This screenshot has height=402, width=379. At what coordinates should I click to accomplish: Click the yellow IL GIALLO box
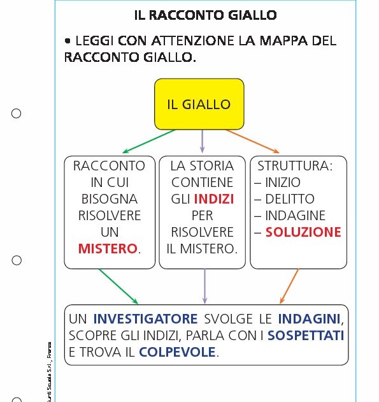[x=199, y=104]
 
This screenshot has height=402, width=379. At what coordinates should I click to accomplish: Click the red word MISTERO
[x=108, y=249]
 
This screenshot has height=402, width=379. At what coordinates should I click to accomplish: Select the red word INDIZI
[x=214, y=199]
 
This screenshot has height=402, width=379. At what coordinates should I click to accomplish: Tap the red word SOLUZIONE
[x=303, y=232]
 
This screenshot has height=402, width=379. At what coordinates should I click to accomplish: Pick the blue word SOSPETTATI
[x=306, y=335]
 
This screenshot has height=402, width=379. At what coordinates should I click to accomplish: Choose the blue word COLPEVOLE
[x=178, y=352]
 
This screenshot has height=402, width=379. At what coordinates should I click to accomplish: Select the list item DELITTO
[x=290, y=199]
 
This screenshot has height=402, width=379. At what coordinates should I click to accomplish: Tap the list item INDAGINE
[x=295, y=216]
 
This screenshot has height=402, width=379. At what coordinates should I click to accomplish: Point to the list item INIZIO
[x=283, y=182]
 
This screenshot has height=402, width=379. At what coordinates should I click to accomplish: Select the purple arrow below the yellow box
[x=203, y=141]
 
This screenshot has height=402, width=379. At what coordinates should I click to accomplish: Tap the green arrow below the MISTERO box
[x=118, y=286]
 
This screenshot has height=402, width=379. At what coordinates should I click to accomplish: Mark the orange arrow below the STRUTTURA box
[x=289, y=286]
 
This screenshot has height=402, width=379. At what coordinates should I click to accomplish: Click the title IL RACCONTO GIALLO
[x=205, y=15]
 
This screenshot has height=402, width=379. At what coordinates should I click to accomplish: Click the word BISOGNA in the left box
[x=108, y=199]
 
